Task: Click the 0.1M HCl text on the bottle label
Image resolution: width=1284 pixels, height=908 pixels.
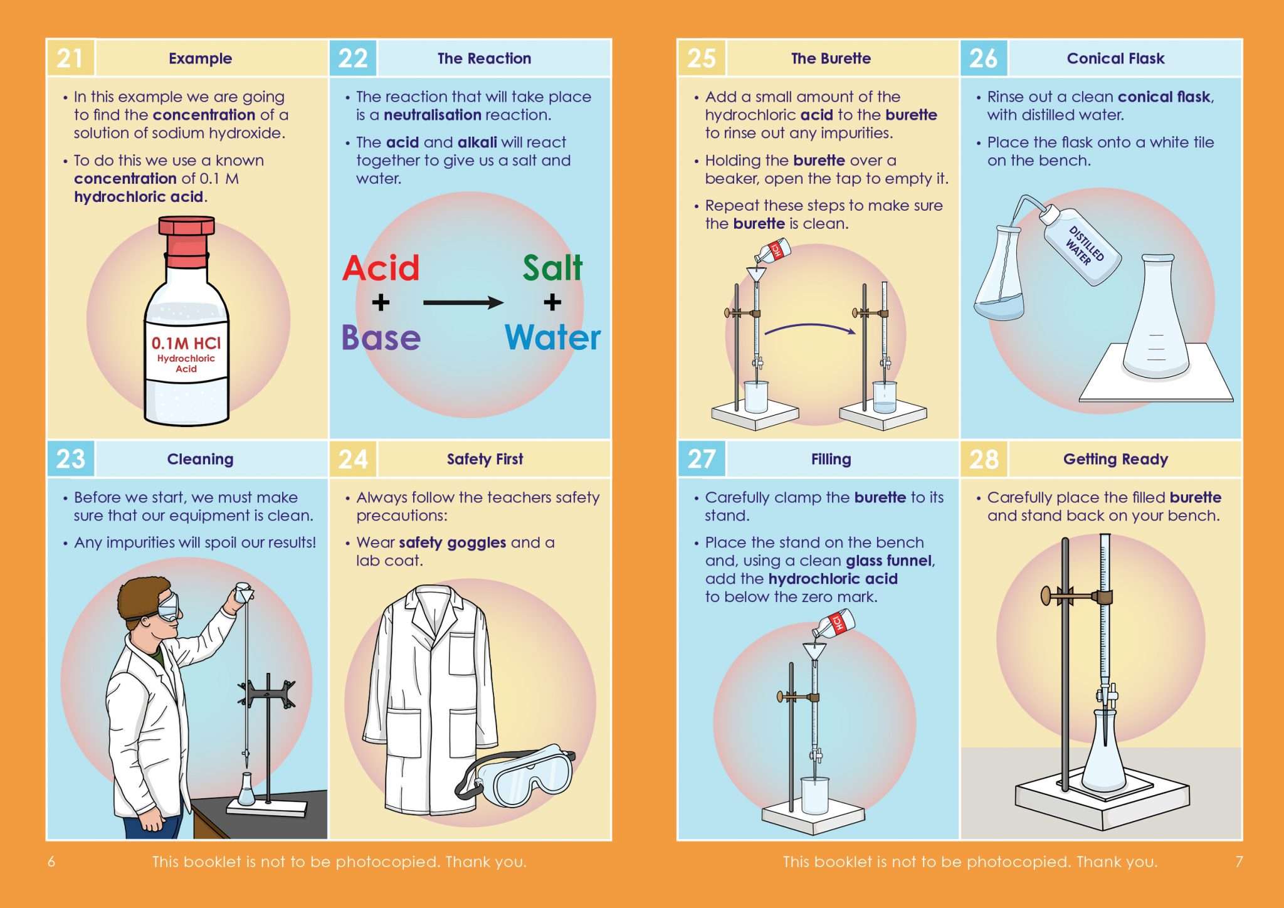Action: point(186,343)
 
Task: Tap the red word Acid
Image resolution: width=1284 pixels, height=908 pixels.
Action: point(381,268)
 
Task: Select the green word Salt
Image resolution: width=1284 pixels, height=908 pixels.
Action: point(552,268)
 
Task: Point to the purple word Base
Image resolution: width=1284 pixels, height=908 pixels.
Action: point(381,338)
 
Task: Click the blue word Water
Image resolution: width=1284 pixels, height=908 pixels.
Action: point(552,338)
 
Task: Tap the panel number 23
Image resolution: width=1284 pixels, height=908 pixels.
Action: point(70,459)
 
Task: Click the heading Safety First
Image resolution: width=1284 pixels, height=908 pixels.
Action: point(485,459)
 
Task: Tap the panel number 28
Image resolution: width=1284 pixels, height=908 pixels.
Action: point(984,459)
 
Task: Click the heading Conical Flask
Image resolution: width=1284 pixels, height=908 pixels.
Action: point(1115,58)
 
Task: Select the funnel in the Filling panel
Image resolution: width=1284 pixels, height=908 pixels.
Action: point(814,651)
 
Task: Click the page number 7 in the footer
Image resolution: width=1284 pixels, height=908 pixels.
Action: point(1239,862)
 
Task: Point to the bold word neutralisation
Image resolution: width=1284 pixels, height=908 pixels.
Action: point(432,115)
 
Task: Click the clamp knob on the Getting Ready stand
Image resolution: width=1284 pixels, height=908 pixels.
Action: point(1046,595)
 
